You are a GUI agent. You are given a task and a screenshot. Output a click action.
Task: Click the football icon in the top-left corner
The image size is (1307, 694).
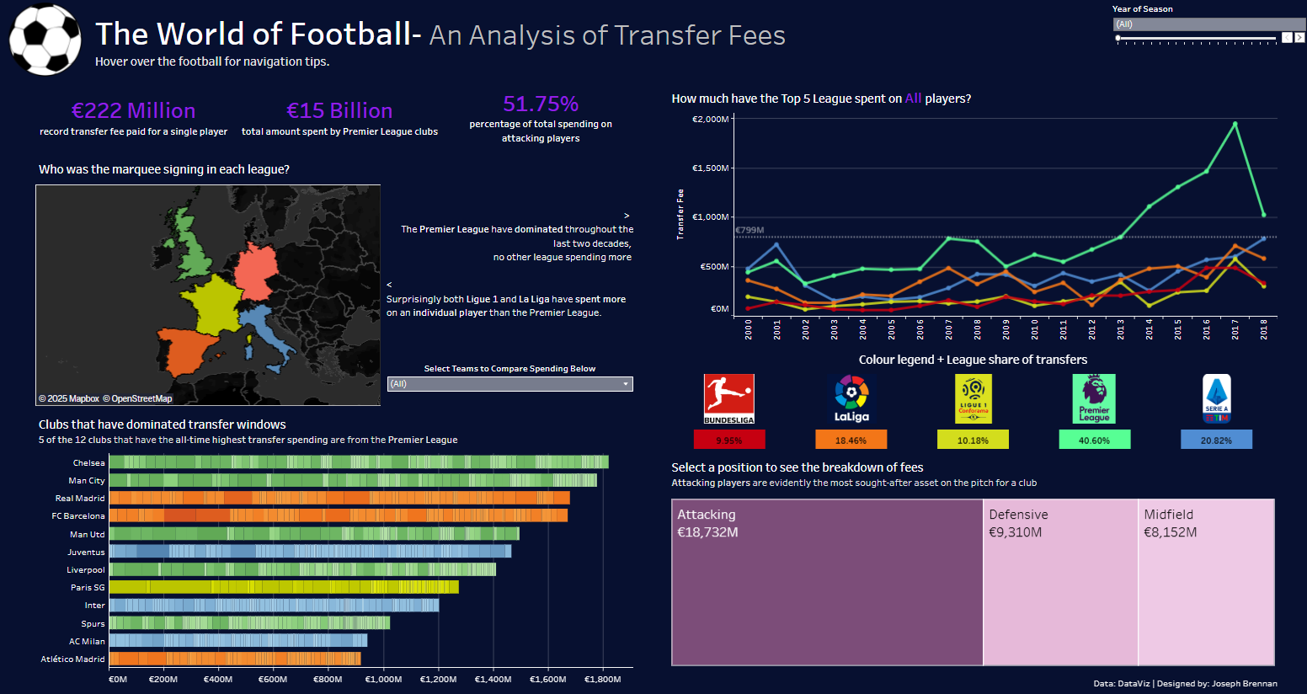pos(45,40)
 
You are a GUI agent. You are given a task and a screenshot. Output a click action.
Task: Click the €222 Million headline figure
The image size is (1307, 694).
pos(133,110)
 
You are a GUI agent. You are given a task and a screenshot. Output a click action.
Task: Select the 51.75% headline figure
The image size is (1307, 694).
pos(541,104)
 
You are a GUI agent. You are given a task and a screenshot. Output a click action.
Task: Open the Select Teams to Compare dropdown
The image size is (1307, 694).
pos(509,384)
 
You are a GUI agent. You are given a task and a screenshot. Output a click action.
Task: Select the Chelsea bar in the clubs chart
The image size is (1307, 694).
pos(359,462)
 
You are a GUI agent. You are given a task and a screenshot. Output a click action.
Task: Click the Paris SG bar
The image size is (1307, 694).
pos(284,587)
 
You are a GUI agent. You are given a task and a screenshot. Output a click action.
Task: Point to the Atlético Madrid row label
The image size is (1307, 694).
pos(73,659)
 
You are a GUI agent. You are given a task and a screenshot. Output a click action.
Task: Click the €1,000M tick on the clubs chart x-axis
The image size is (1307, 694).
pos(383,679)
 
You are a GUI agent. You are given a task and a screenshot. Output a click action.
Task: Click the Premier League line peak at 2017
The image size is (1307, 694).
pos(1235,124)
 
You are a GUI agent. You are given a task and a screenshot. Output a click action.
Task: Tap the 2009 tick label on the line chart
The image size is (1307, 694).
pos(1006,328)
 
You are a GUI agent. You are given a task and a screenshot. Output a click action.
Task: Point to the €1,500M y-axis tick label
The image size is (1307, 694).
pos(710,168)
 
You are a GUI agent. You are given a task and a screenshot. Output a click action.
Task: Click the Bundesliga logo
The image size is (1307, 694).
pos(729,398)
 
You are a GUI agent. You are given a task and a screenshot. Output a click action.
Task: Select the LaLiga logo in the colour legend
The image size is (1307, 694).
pos(851,398)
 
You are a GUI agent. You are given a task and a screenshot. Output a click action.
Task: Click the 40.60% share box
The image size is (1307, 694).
pos(1094,440)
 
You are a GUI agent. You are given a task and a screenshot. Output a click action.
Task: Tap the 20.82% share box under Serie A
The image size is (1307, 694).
pos(1216,440)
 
